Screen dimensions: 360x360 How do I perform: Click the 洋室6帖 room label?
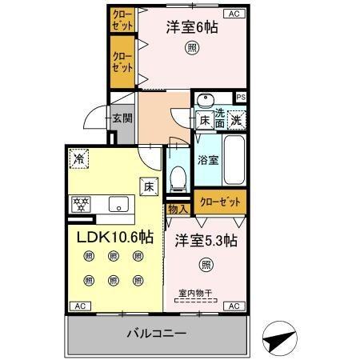pos(192,26)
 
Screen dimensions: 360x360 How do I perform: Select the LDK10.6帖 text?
pos(114,237)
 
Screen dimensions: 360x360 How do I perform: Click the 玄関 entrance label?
pos(122,118)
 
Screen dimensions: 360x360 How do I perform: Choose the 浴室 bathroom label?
pos(208,160)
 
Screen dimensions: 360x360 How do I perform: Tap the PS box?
pos(241,98)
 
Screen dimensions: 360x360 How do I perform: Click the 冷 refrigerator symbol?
pos(78,159)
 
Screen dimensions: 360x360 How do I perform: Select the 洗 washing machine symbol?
pos(237,120)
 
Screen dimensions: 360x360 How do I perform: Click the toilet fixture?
pos(179,174)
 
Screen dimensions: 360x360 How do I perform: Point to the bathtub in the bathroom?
pos(236,159)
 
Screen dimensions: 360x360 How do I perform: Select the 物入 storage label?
pos(178,209)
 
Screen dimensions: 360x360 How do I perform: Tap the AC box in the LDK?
pos(79,306)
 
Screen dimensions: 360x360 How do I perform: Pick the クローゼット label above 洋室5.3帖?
pos(218,202)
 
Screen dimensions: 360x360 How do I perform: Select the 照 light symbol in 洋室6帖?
pos(193,46)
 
